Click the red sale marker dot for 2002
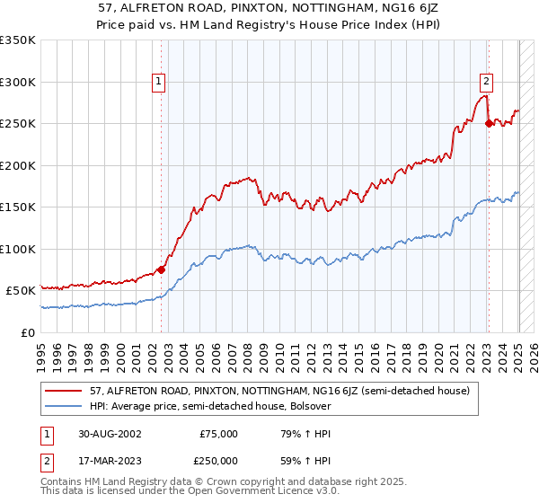click(x=162, y=269)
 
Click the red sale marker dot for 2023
click(x=489, y=124)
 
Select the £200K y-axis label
click(x=18, y=165)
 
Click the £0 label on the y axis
click(x=27, y=332)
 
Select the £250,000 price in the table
click(x=218, y=460)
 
